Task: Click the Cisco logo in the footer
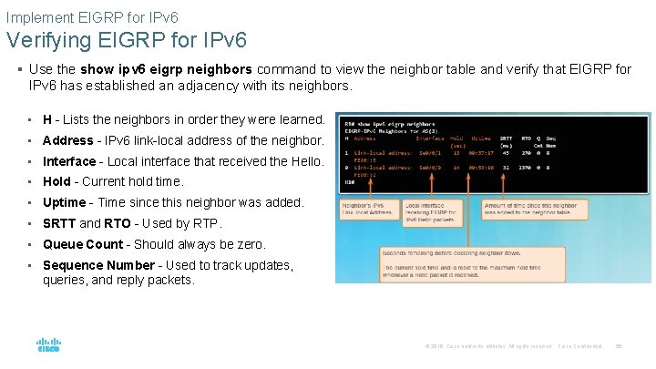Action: click(48, 345)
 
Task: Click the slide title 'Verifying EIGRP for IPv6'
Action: click(126, 40)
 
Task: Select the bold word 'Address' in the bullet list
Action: click(67, 140)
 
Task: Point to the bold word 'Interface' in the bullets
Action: click(69, 161)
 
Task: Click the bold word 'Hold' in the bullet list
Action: click(56, 181)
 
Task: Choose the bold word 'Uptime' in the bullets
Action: click(64, 202)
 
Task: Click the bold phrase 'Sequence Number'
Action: click(98, 265)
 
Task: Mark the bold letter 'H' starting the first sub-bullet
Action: click(47, 119)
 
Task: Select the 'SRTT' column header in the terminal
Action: click(507, 138)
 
